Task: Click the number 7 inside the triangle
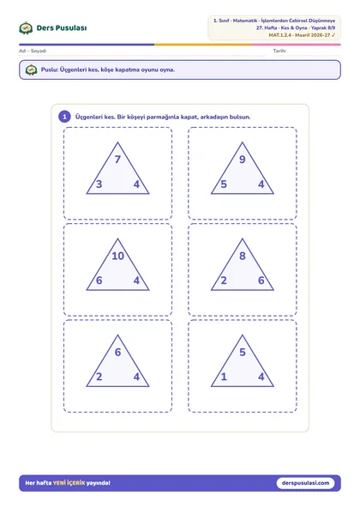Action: tap(117, 159)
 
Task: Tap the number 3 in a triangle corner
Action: tap(99, 184)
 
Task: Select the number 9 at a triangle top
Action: tap(243, 159)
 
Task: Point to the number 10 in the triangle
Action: tap(117, 256)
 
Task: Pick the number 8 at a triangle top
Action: tap(243, 256)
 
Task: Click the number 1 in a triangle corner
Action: tap(224, 377)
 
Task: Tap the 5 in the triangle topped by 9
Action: tap(224, 184)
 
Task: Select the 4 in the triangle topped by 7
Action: tap(136, 184)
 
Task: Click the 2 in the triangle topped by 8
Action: tap(224, 281)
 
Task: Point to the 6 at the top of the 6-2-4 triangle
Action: tap(117, 352)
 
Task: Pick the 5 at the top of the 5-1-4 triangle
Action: tap(243, 352)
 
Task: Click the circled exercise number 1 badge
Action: tap(64, 117)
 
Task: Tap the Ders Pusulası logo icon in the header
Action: tap(26, 28)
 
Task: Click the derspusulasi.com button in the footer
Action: tap(305, 483)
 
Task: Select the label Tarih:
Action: tap(279, 51)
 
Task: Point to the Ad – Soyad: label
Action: tap(33, 51)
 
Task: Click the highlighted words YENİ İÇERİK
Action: tap(69, 483)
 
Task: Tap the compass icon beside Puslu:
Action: tap(32, 69)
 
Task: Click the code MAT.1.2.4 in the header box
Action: tap(279, 35)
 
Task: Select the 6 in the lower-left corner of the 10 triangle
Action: tap(99, 281)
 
